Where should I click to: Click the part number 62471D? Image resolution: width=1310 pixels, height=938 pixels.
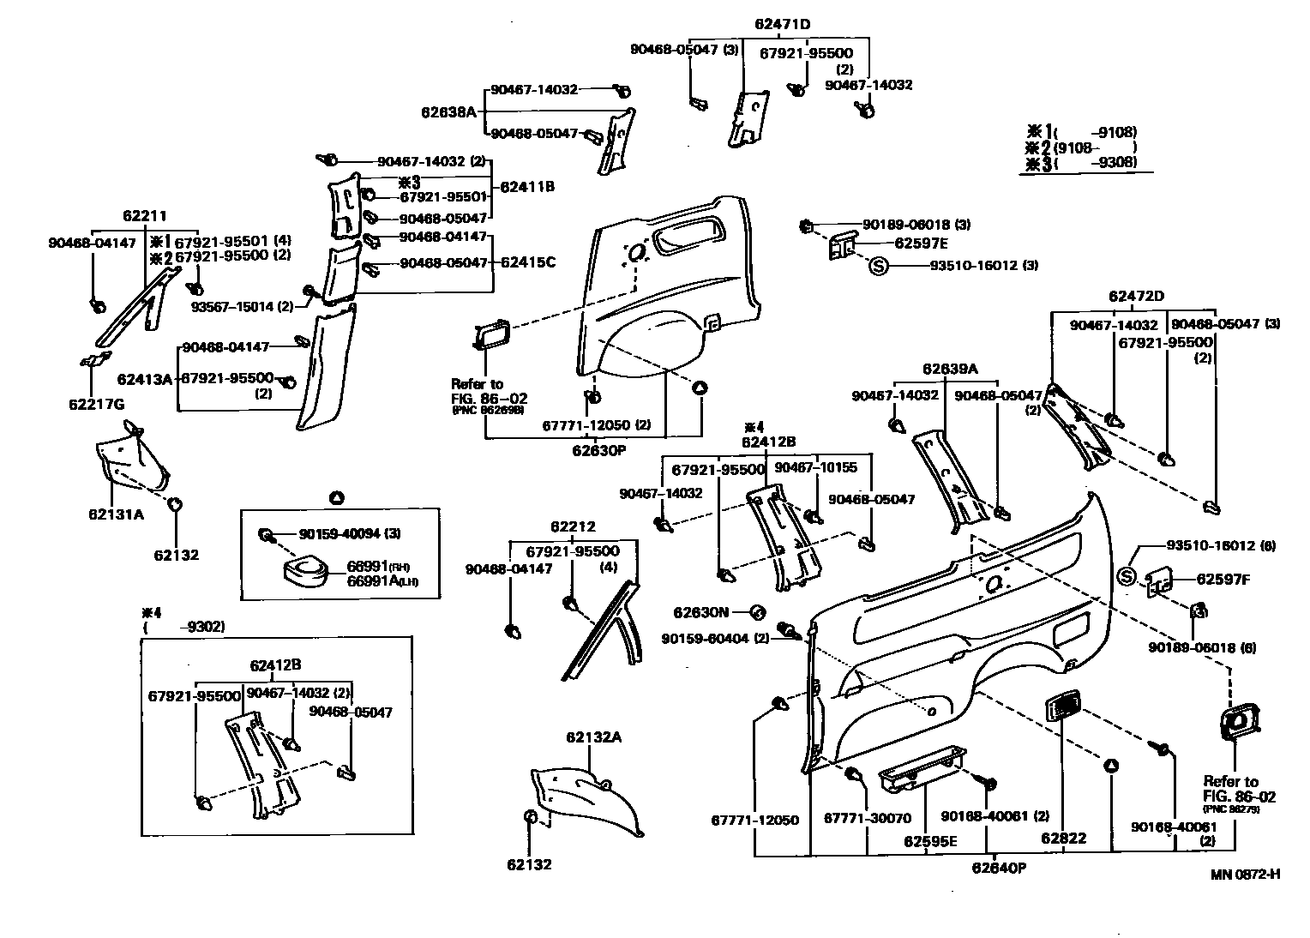point(782,24)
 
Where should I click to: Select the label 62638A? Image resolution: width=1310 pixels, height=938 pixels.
point(448,111)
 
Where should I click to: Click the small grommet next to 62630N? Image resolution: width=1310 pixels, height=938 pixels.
point(757,611)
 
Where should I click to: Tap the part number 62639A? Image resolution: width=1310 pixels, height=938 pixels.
point(950,369)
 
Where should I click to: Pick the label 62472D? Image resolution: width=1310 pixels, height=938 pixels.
point(1136,296)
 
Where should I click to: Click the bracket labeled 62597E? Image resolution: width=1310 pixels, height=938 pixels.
point(841,246)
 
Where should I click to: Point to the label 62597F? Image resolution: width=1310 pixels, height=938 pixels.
point(1223,580)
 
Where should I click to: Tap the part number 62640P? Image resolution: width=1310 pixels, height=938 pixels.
point(999,868)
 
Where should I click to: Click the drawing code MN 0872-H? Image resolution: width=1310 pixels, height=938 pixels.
point(1246,874)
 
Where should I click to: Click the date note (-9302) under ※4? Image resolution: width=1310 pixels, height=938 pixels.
point(183,627)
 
